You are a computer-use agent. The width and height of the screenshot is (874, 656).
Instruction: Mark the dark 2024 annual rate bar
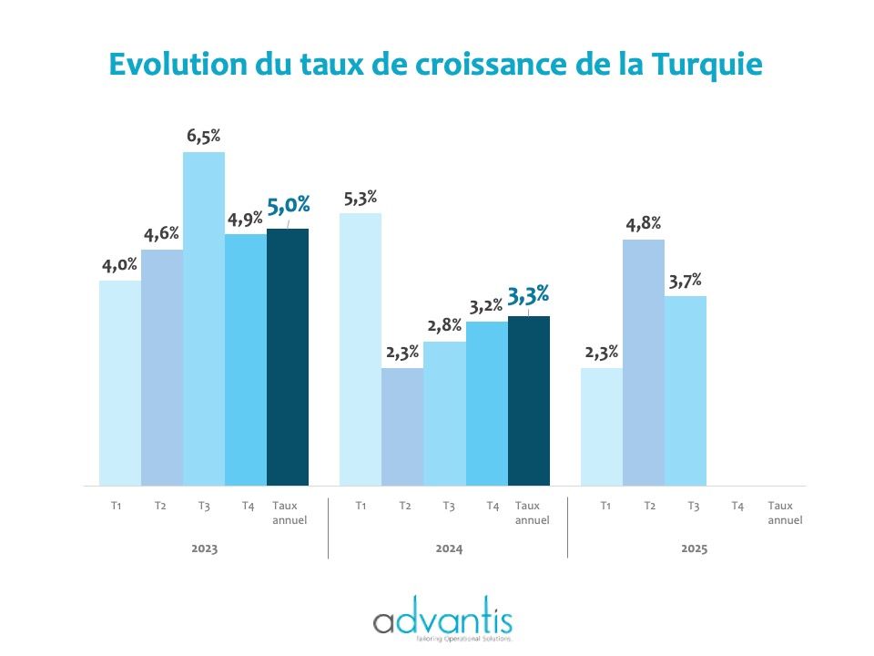tap(529, 400)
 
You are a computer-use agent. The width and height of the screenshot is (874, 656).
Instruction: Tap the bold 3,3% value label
tap(529, 294)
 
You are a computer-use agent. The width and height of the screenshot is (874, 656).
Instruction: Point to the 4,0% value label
tap(118, 265)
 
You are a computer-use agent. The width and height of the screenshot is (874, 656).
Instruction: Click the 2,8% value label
tap(444, 326)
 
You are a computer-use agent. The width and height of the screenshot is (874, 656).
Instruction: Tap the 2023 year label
tap(205, 549)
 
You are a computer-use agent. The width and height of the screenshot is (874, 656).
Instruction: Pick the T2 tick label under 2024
tap(404, 506)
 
